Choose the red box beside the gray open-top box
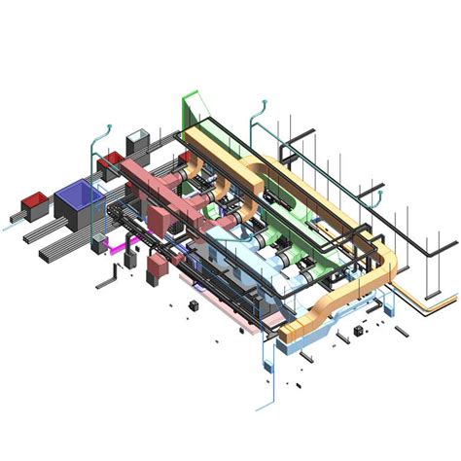(113, 157)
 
